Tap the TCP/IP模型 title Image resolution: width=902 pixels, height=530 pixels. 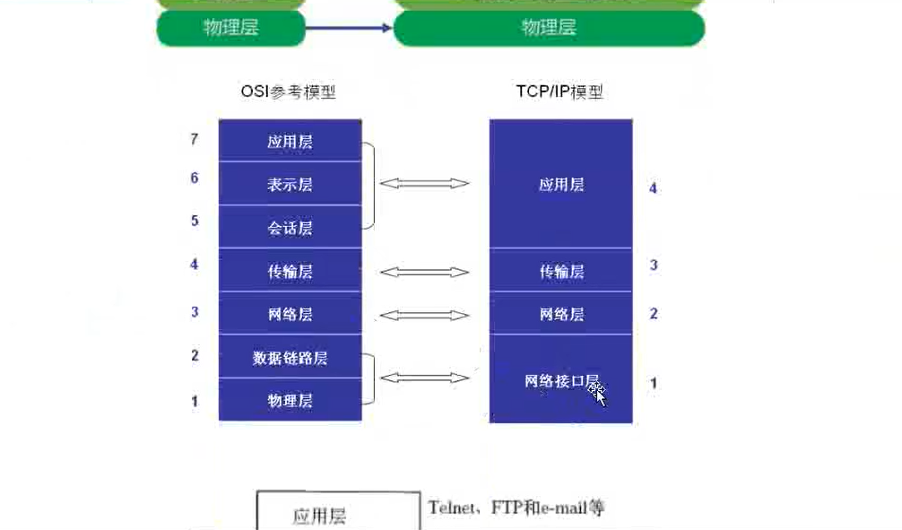pyautogui.click(x=559, y=91)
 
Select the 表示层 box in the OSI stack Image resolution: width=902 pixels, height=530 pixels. pyautogui.click(x=290, y=185)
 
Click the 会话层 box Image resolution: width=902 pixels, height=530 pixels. pyautogui.click(x=290, y=228)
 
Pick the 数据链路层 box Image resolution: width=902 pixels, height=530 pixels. pyautogui.click(x=290, y=358)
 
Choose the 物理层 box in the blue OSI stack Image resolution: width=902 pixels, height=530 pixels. pyautogui.click(x=290, y=400)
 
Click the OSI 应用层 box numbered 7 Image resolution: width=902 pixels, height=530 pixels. pyautogui.click(x=290, y=142)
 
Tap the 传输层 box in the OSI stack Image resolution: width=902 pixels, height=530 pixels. pyautogui.click(x=290, y=271)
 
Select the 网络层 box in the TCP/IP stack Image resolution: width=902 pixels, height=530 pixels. pyautogui.click(x=561, y=314)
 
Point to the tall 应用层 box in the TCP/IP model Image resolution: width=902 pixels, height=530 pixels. pyautogui.click(x=561, y=185)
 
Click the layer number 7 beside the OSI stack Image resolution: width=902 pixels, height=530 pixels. pyautogui.click(x=195, y=139)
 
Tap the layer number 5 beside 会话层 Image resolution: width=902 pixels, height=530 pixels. pyautogui.click(x=195, y=220)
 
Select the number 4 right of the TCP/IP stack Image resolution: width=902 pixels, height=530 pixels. pyautogui.click(x=653, y=188)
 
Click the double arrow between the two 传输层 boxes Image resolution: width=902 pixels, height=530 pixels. pyautogui.click(x=424, y=271)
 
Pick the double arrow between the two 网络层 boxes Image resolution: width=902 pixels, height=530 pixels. pyautogui.click(x=424, y=315)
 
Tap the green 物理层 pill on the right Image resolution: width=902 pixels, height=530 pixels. pyautogui.click(x=549, y=28)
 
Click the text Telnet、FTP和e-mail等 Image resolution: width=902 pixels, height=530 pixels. pyautogui.click(x=516, y=508)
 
